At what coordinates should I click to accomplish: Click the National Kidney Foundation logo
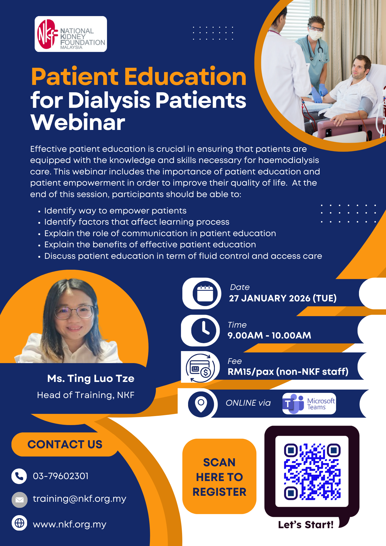pos(71,34)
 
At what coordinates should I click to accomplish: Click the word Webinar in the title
pos(78,123)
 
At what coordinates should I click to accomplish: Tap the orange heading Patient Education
pos(139,76)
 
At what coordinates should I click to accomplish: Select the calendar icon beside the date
pos(205,293)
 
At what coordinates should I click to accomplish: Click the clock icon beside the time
pos(204,330)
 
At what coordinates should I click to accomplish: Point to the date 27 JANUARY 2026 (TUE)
pos(283,298)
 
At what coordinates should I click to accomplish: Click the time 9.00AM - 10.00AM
pos(269,336)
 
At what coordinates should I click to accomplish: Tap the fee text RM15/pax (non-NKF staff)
pos(288,372)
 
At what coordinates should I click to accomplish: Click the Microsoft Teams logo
pos(309,404)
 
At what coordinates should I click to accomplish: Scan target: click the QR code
pos(312,471)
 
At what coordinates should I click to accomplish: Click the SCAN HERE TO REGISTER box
pos(219,477)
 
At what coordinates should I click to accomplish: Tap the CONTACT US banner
pos(65,444)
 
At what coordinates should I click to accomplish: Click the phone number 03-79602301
pos(61,476)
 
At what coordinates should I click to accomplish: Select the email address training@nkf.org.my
pos(79,499)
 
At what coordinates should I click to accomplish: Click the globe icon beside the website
pos(19,523)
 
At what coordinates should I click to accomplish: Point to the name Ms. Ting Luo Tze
pos(91,379)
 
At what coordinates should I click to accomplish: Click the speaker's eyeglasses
pos(74,312)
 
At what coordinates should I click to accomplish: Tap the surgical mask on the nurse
pos(315,35)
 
